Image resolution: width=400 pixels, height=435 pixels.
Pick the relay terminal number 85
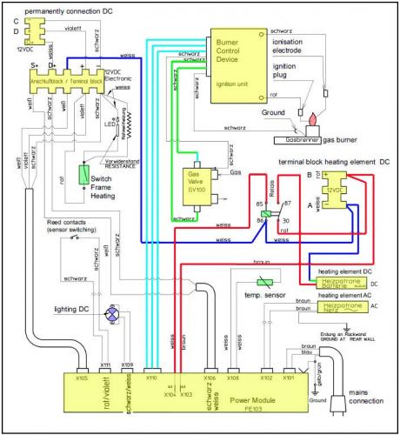click(258, 204)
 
